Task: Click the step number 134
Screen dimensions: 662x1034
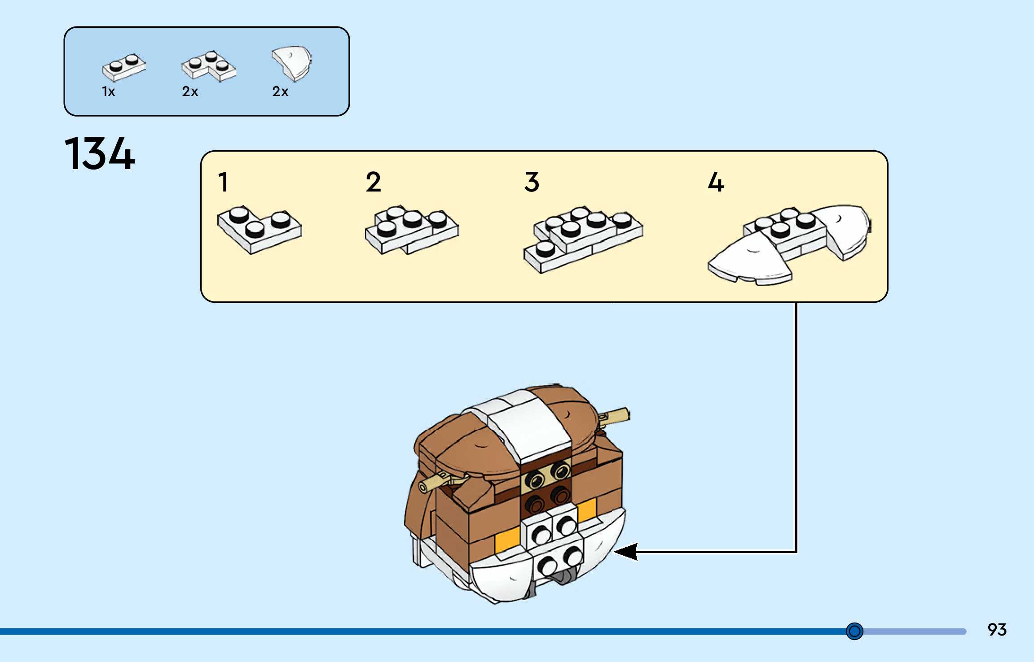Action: [100, 154]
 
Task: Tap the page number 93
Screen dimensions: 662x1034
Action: [997, 629]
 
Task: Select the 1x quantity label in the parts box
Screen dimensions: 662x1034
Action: [109, 91]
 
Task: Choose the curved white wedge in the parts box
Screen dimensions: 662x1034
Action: [292, 63]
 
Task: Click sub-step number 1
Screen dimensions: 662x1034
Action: [223, 182]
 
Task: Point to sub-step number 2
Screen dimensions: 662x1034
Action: [373, 182]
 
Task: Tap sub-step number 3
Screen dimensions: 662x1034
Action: [532, 182]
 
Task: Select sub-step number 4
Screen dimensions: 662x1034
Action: [716, 182]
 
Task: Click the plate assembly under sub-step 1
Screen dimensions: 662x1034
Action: [260, 229]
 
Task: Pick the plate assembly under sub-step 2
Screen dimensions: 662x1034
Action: [412, 230]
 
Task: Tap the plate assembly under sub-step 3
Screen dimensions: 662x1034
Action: [583, 239]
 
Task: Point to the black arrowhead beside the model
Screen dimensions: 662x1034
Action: [626, 551]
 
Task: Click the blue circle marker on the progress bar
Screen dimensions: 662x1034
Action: [854, 631]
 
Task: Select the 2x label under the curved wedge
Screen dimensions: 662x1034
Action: [280, 91]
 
